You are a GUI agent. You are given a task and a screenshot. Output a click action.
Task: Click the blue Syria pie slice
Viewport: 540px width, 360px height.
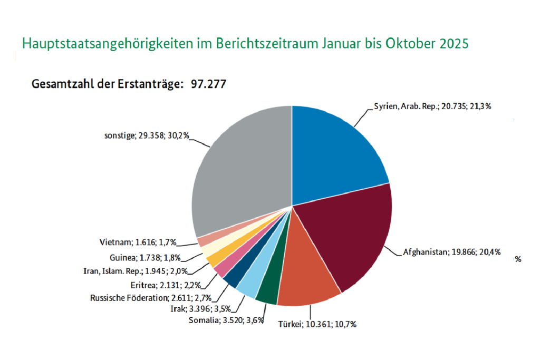(337, 153)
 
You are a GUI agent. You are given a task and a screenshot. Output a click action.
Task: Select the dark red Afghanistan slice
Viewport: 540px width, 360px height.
(353, 237)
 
